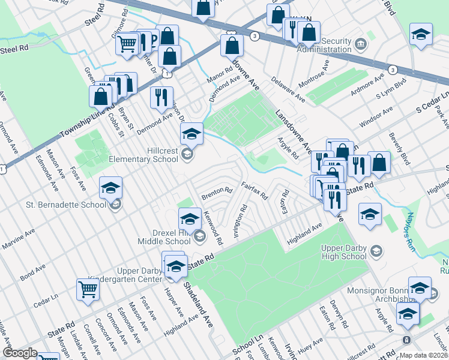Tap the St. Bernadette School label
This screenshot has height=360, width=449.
coord(66,205)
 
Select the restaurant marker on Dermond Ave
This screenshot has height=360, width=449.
coord(161,98)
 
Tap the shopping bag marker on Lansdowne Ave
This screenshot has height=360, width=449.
coord(232,45)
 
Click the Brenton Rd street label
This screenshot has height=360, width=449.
coord(217,193)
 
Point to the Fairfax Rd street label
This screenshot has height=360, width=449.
coord(254,192)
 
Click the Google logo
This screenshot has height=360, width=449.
coord(20,353)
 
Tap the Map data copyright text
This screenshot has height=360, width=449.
coord(423,355)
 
